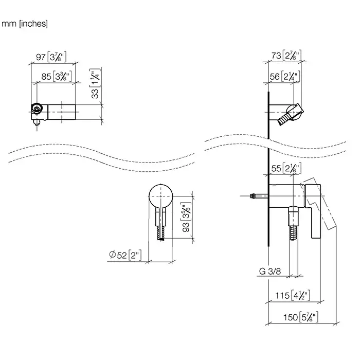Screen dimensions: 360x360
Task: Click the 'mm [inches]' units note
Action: [25, 24]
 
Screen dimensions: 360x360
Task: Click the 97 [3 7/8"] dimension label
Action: [53, 55]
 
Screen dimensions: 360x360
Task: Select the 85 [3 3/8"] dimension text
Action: [57, 77]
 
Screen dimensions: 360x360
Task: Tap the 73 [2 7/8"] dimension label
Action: [284, 55]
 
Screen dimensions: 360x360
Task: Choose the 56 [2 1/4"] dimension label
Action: [284, 77]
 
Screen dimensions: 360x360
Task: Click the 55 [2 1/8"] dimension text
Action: [284, 168]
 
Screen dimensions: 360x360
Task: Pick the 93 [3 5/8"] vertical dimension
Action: [188, 218]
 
